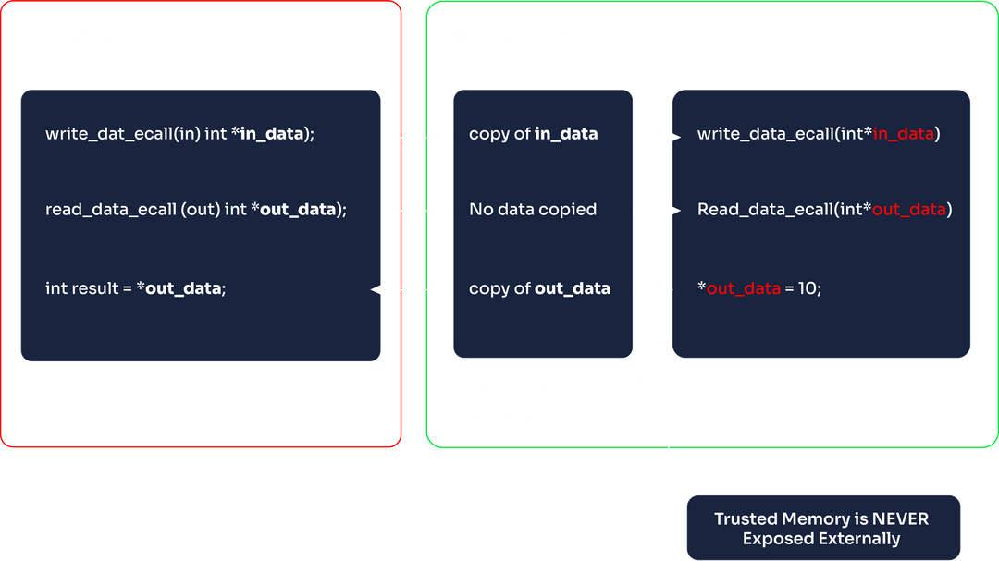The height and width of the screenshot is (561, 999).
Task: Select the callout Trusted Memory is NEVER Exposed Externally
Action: click(821, 528)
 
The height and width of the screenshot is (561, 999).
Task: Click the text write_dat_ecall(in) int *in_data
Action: click(179, 134)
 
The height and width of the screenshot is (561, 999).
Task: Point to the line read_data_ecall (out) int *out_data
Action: click(195, 210)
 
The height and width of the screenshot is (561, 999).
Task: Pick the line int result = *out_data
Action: click(135, 288)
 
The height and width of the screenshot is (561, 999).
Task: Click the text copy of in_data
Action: click(533, 134)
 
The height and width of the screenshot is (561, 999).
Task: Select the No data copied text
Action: click(532, 210)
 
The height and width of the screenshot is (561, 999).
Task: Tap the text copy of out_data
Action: click(539, 288)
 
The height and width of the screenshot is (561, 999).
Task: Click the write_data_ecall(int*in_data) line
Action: click(818, 134)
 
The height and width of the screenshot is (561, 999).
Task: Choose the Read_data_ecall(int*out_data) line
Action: click(824, 210)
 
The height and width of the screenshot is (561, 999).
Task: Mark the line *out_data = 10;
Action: click(758, 288)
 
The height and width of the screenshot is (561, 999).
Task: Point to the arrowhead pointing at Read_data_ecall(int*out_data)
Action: click(672, 212)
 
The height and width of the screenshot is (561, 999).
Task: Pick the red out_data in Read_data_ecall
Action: click(908, 210)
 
